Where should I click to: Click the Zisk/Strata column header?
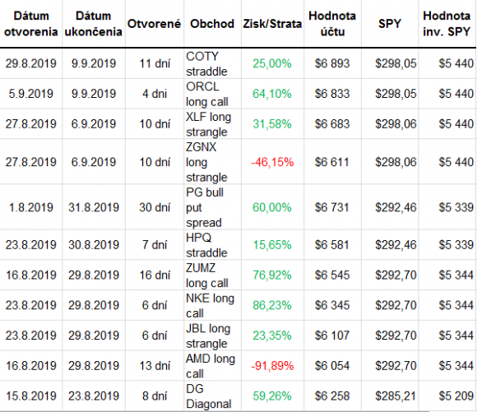coord(272,24)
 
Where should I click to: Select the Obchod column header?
coord(212,24)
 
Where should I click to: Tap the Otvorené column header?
coord(155,24)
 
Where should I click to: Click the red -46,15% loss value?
coord(272,162)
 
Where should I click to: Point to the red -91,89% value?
coord(272,365)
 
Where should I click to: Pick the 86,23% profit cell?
coord(272,305)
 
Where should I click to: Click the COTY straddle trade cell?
coord(206,64)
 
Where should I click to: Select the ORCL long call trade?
coord(207,95)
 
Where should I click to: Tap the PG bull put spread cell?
coord(205,207)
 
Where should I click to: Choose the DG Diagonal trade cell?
coord(209,396)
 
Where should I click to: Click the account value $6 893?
coord(332,63)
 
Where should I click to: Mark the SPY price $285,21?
coord(396,396)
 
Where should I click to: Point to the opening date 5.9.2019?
coord(30,94)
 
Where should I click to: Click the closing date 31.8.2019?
coord(94,207)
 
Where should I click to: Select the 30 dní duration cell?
coord(155,207)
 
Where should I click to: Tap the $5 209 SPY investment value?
coord(456,396)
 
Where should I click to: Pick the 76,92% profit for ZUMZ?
coord(272,275)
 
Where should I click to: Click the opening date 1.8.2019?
coord(30,207)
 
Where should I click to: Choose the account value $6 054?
coord(332,365)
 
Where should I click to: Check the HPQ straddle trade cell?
coord(206,245)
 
